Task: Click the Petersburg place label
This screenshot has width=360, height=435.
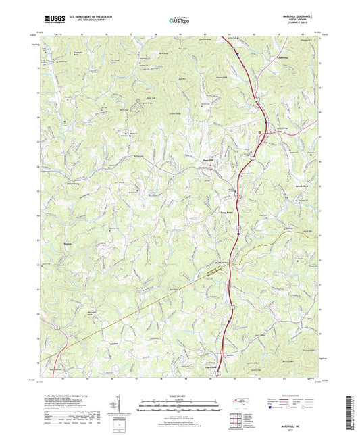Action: pos(53,181)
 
